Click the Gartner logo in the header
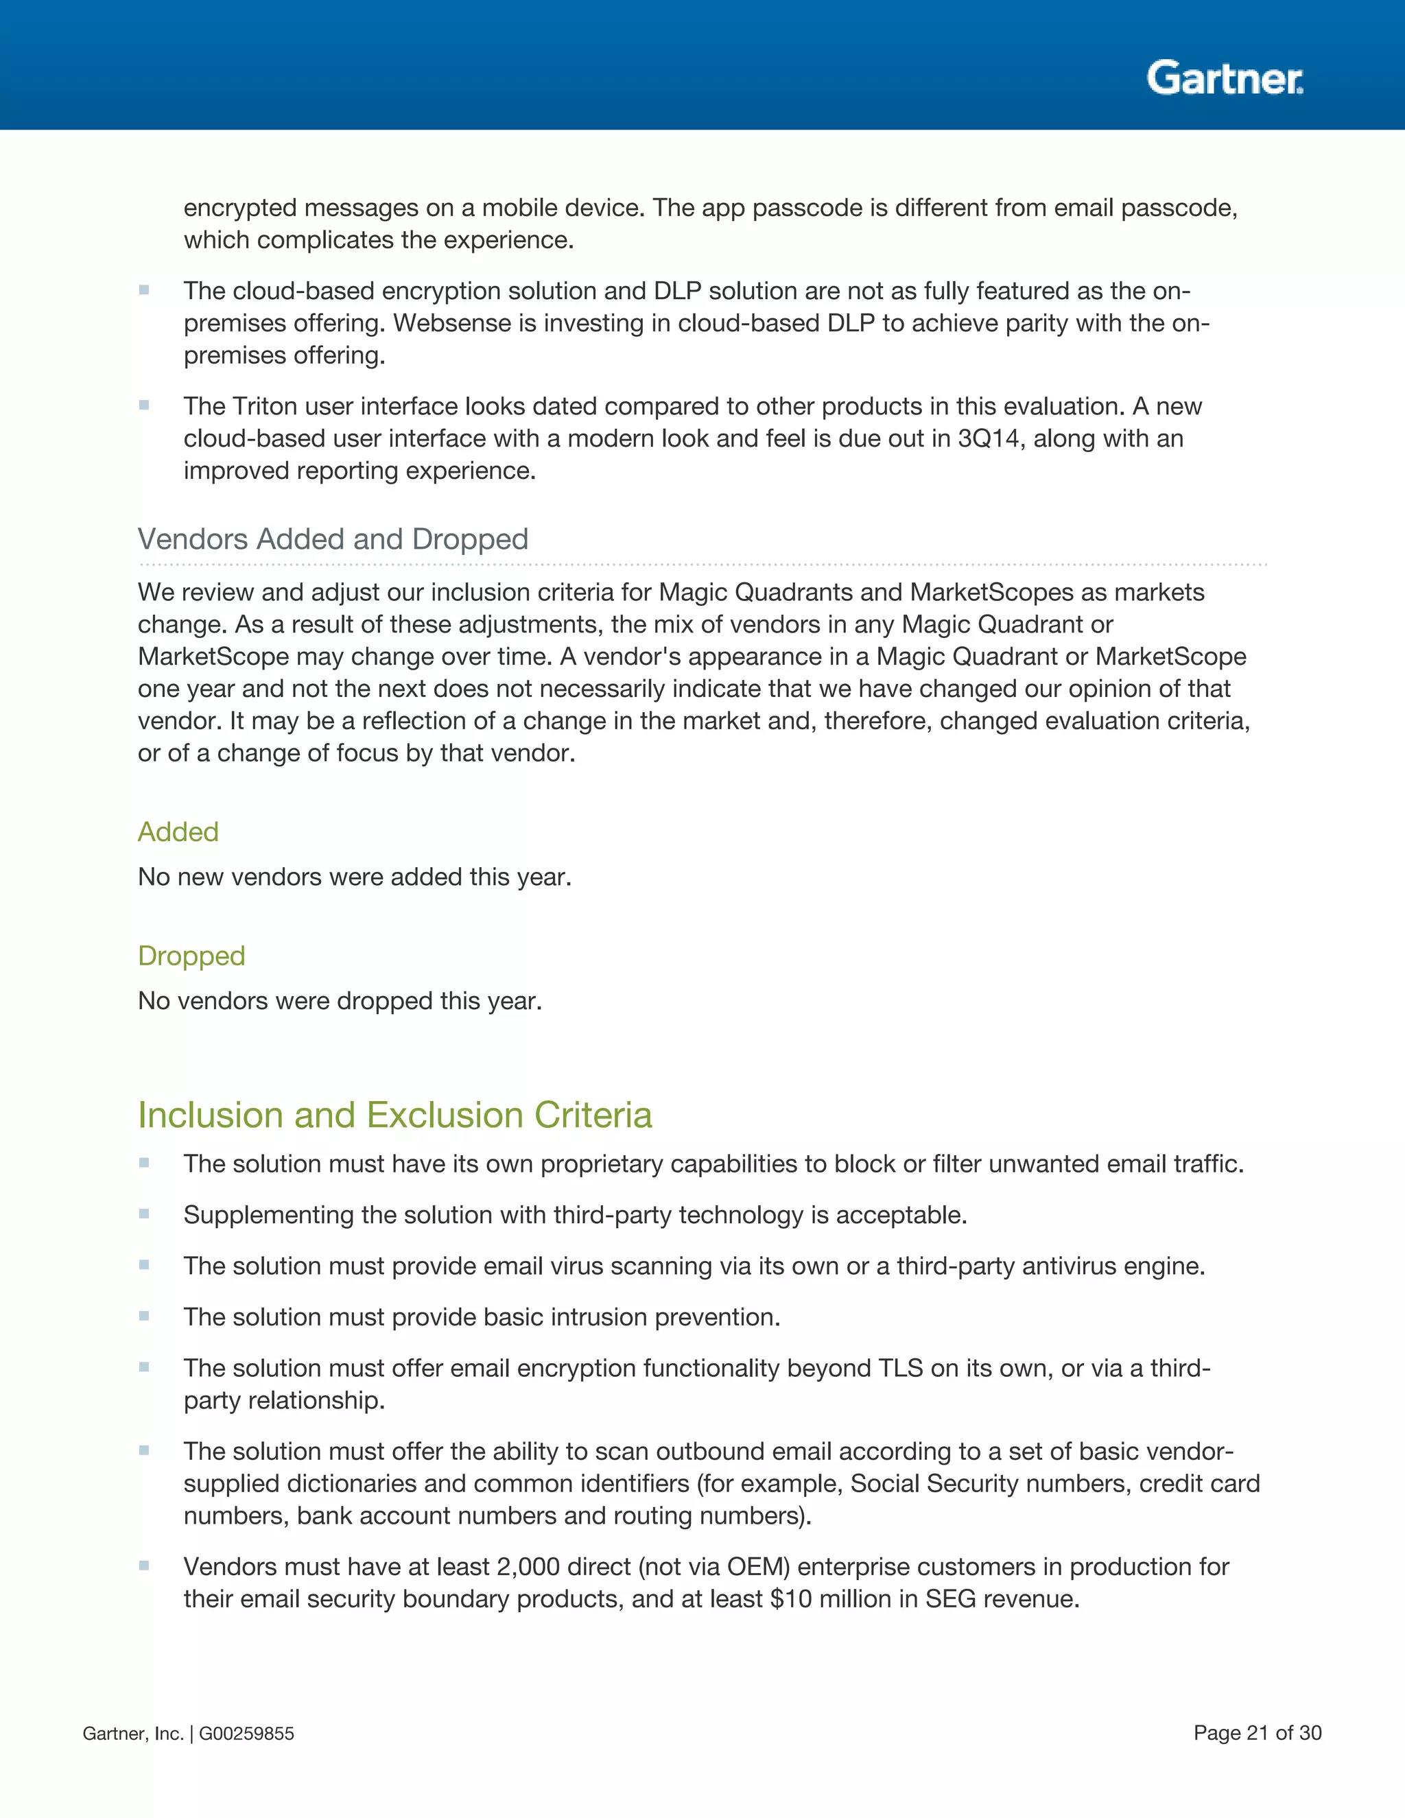click(x=1225, y=78)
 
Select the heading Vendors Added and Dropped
click(x=333, y=539)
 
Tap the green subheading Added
click(x=178, y=831)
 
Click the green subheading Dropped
click(x=191, y=956)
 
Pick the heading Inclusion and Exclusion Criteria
click(x=394, y=1115)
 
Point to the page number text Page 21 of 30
click(x=1257, y=1733)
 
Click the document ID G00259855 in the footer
click(x=246, y=1734)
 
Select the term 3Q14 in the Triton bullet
click(x=988, y=438)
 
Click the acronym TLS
click(x=901, y=1368)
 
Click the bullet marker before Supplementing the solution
click(x=144, y=1214)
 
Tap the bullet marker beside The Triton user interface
click(x=144, y=405)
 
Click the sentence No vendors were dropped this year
click(x=340, y=1000)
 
